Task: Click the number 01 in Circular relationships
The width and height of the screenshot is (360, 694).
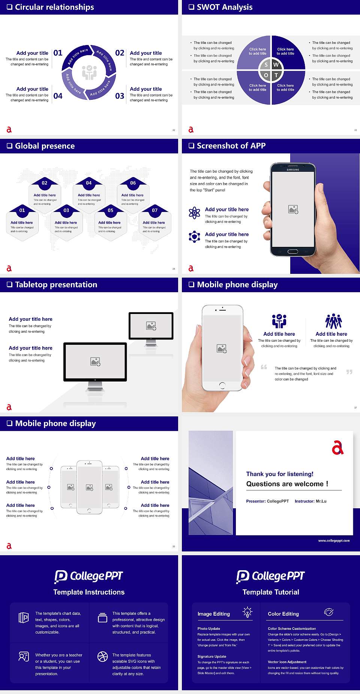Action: pyautogui.click(x=58, y=53)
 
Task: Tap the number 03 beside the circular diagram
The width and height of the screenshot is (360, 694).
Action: pyautogui.click(x=120, y=96)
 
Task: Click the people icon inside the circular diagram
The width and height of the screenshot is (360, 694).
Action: pyautogui.click(x=89, y=72)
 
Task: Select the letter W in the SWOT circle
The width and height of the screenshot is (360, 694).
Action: pyautogui.click(x=276, y=65)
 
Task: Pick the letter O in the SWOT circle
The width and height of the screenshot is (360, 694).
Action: pyautogui.click(x=266, y=75)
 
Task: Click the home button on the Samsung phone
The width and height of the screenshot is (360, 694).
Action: pyautogui.click(x=292, y=251)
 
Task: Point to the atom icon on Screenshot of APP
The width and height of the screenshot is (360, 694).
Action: pyautogui.click(x=194, y=213)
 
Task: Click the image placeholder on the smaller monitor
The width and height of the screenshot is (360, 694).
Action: pyautogui.click(x=151, y=326)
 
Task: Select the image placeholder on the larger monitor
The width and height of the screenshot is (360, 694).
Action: pyautogui.click(x=95, y=362)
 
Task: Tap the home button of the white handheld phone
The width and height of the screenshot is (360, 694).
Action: pyautogui.click(x=222, y=385)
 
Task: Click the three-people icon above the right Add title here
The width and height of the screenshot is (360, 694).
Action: pyautogui.click(x=333, y=321)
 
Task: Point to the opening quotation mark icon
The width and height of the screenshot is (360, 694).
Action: pyautogui.click(x=264, y=367)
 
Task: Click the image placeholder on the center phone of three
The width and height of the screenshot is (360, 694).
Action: pyautogui.click(x=89, y=487)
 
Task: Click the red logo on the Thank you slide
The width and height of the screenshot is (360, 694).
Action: pyautogui.click(x=337, y=448)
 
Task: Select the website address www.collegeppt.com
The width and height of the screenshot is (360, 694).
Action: pyautogui.click(x=334, y=541)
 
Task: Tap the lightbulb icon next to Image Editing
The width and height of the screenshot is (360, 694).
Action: pyautogui.click(x=247, y=612)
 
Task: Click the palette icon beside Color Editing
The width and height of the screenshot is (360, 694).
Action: pyautogui.click(x=328, y=612)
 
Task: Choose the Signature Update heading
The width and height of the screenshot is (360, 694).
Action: pyautogui.click(x=212, y=656)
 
